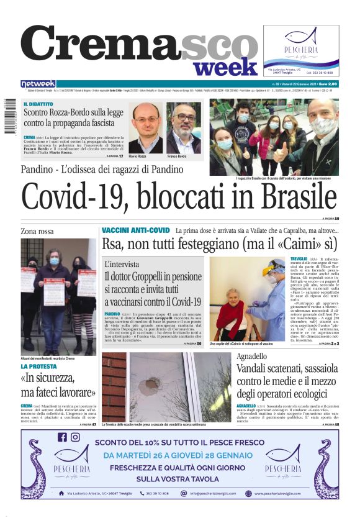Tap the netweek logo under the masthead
[38, 84]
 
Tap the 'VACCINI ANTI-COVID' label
[135, 230]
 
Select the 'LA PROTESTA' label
[42, 366]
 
